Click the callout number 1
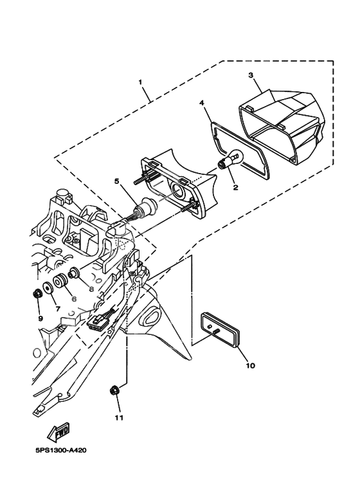[141, 83]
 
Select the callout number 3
[252, 75]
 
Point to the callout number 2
[235, 188]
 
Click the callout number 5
[117, 181]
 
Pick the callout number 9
[40, 318]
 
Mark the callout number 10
[250, 366]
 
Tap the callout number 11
[118, 417]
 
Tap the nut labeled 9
[37, 294]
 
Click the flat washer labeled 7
[48, 288]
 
